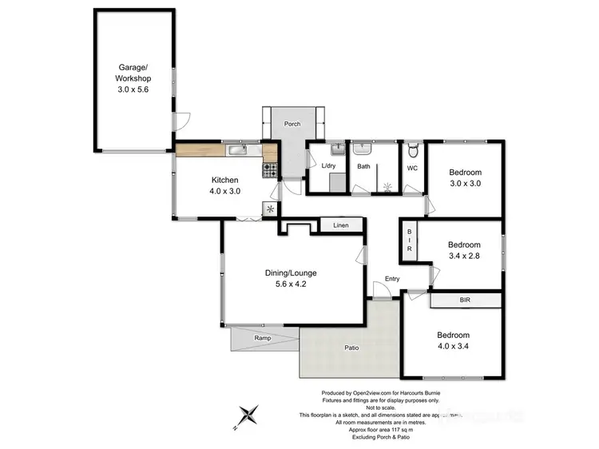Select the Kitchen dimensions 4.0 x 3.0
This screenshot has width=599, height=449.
[225, 191]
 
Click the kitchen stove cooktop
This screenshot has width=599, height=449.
[270, 169]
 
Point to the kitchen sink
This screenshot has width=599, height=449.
[238, 149]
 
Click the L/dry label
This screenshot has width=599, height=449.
[327, 166]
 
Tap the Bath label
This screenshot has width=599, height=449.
[363, 166]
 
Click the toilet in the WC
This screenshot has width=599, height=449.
[413, 152]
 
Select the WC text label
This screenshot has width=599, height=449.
[413, 168]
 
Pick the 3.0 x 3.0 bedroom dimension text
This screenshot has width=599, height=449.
[464, 183]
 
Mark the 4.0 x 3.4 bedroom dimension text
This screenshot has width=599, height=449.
[453, 346]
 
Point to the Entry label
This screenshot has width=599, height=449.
[391, 278]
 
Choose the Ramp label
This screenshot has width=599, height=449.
[262, 338]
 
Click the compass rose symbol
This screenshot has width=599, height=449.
[250, 415]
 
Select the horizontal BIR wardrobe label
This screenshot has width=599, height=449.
[465, 300]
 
